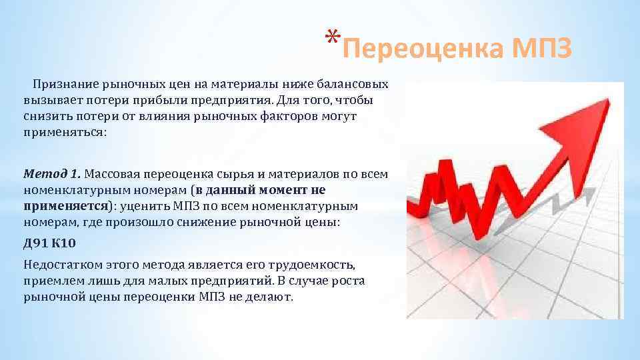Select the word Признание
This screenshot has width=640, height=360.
coord(65,85)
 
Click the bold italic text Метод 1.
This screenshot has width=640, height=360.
coord(52,175)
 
